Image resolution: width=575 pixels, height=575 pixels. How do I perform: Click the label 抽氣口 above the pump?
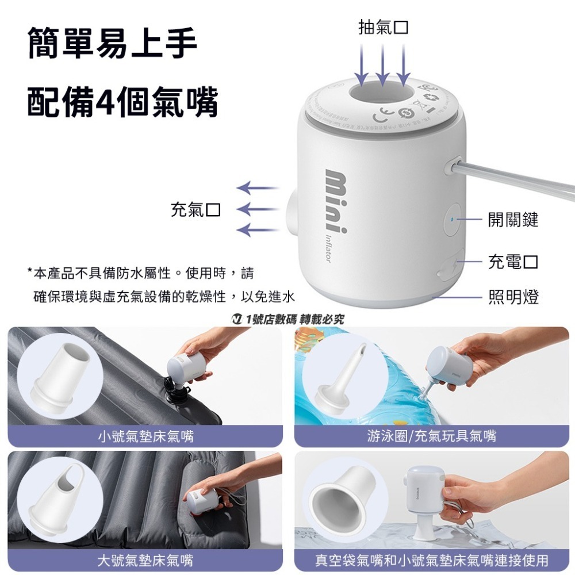pos(384,27)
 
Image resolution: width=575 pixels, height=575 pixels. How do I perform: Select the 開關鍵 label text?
pos(513,219)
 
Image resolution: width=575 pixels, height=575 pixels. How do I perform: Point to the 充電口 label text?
pos(513,262)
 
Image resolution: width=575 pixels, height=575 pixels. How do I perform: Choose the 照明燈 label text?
pos(513,297)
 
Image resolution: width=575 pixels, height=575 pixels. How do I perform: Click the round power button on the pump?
pos(454,219)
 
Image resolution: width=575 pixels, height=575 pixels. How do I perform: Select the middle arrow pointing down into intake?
pos(382,63)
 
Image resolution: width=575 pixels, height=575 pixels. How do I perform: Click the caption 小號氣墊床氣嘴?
pos(145,437)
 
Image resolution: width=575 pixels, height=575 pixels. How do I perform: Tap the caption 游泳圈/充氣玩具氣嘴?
pos(431,437)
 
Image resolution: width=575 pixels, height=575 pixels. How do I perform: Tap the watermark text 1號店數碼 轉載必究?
pos(287,319)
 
